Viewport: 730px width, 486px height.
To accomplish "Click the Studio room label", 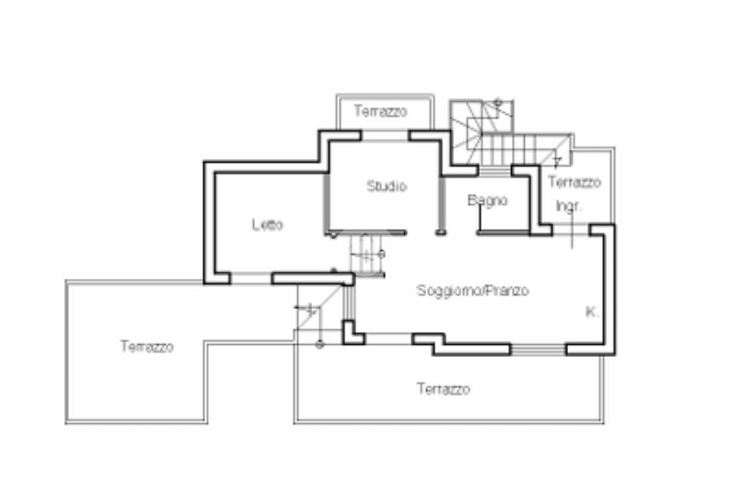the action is tap(386, 187).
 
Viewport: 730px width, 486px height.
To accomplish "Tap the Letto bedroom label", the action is tap(267, 225).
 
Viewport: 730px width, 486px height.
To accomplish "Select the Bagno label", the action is tap(488, 201).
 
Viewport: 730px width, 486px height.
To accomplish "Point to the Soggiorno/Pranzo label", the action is tap(473, 291).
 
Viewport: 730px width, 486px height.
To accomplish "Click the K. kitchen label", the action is tap(591, 311).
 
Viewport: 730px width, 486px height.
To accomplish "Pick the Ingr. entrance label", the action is tap(569, 207).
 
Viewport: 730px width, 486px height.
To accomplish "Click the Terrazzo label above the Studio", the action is tap(381, 112).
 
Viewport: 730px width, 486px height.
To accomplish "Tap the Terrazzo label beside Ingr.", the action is tap(574, 182).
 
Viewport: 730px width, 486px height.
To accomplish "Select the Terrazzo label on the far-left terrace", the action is tap(146, 347).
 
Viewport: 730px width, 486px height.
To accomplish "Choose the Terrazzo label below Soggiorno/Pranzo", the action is tap(443, 390).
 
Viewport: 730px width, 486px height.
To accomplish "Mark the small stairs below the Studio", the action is tap(366, 254).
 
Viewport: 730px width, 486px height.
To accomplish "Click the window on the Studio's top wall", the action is tap(384, 135).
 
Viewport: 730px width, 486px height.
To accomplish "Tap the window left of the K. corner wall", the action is tap(538, 349).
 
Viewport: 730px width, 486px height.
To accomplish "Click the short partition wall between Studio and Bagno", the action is tap(441, 207).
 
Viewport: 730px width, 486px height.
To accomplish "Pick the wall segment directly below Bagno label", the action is tap(503, 232).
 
